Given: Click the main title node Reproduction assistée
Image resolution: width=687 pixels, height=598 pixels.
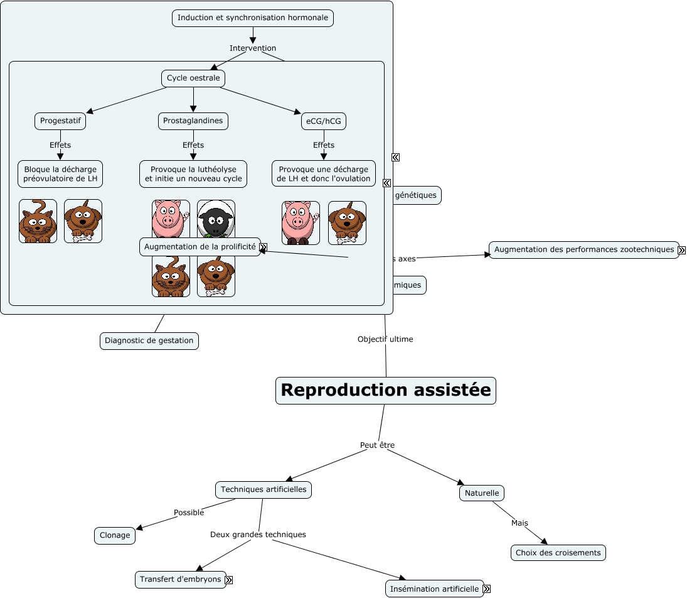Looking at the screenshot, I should click(386, 390).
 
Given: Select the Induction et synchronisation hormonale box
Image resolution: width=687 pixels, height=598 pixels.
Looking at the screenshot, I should click(252, 18).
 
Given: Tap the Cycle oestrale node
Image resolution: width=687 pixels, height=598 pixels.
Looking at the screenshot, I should click(193, 79).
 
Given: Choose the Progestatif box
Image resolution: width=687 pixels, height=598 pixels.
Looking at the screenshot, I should click(60, 121).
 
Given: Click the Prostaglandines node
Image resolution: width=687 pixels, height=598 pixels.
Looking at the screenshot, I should click(193, 121).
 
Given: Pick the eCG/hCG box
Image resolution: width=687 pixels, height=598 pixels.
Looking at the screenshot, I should click(324, 121).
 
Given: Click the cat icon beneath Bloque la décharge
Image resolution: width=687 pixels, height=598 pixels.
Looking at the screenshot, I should click(38, 221).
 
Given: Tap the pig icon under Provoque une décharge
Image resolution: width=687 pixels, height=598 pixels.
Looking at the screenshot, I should click(301, 222).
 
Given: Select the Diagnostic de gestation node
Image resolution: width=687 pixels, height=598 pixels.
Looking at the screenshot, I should click(149, 341).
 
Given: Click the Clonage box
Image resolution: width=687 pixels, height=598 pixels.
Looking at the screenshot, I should click(115, 536).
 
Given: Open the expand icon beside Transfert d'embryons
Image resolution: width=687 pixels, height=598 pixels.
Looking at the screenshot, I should click(229, 580).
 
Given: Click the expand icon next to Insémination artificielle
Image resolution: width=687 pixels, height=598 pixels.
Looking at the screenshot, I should click(487, 589).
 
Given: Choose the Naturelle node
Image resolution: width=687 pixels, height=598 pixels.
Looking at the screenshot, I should click(482, 493).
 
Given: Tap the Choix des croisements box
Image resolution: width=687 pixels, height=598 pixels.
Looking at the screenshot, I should click(558, 553).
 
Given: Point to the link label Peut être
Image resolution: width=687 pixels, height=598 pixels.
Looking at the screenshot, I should click(377, 445).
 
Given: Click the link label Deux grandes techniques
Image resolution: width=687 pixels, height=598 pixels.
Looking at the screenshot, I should click(258, 535).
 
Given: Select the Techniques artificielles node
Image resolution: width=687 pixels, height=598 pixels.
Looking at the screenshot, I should click(264, 489).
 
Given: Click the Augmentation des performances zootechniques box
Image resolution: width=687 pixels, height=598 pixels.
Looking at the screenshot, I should click(583, 250).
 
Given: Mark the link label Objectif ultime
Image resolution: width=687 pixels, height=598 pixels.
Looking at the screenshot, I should click(385, 339).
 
